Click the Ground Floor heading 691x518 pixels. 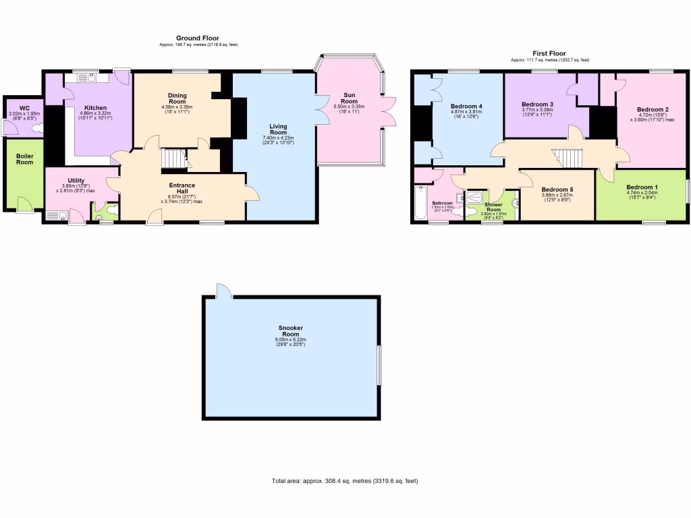[198, 38]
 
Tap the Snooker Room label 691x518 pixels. [290, 330]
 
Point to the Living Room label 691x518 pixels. [279, 129]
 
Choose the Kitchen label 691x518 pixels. [95, 108]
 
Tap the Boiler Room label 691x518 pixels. [24, 159]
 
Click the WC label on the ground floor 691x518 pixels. [24, 108]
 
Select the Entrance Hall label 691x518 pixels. [182, 188]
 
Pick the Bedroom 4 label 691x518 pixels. [466, 106]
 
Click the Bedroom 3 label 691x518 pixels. [538, 105]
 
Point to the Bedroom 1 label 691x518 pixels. [641, 187]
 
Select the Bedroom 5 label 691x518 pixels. [557, 190]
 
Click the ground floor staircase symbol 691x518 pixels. [175, 159]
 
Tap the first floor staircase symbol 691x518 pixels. [565, 159]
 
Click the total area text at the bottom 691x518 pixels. [345, 481]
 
